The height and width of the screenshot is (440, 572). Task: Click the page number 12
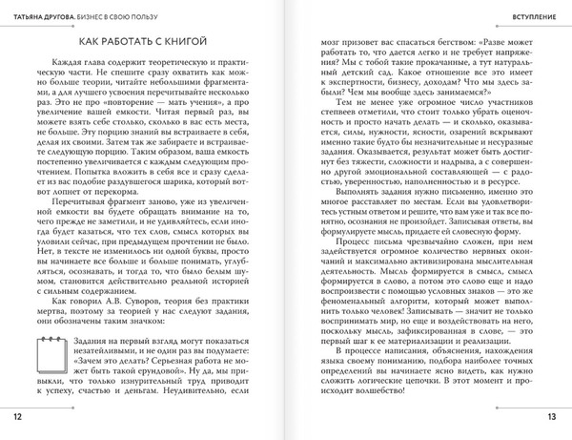tap(17, 416)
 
